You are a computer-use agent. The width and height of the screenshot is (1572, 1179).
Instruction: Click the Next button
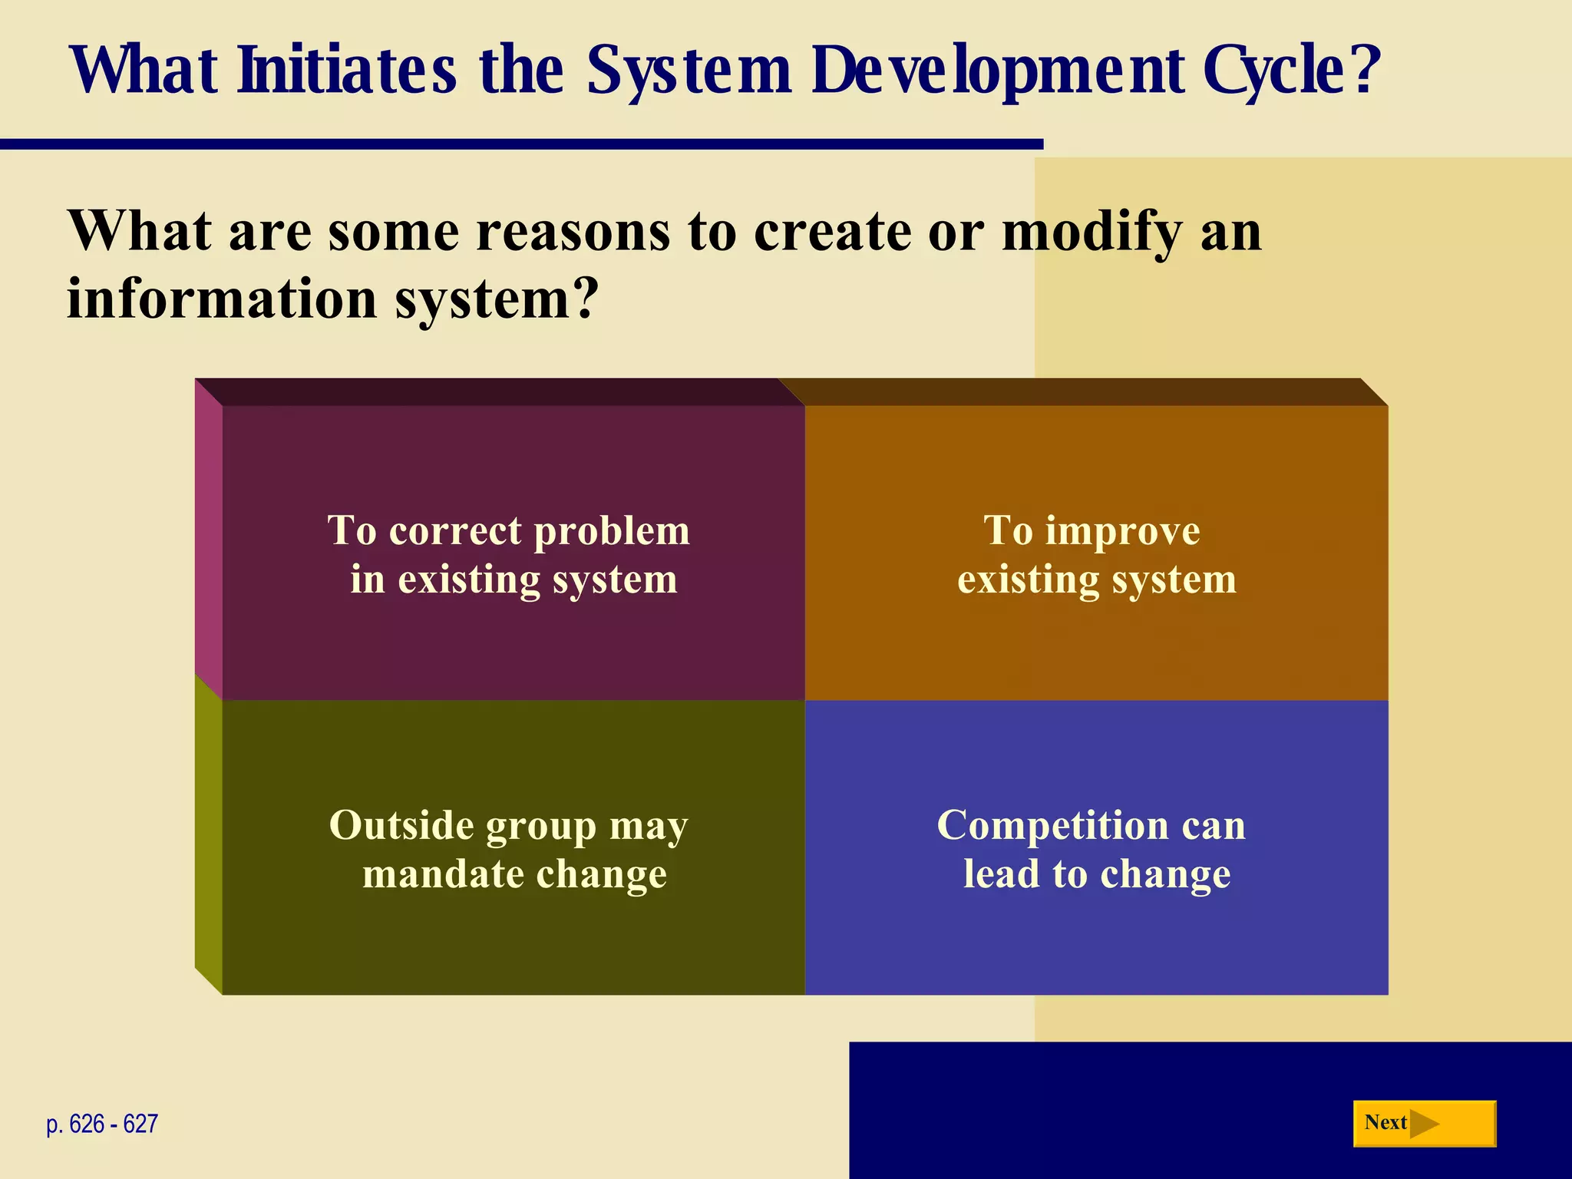[1424, 1124]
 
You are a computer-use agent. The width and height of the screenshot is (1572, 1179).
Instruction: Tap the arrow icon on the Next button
[1425, 1124]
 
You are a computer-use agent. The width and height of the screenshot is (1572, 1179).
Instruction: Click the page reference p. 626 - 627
[102, 1124]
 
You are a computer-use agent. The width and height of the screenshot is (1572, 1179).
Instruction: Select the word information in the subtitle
[222, 299]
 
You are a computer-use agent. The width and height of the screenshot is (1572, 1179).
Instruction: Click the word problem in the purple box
[612, 530]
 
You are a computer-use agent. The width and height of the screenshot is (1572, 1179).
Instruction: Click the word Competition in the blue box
[1051, 826]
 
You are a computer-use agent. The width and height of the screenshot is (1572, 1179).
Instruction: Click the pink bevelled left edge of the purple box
[208, 537]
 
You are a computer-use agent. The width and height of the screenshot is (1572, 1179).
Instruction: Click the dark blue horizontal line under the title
[522, 144]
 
